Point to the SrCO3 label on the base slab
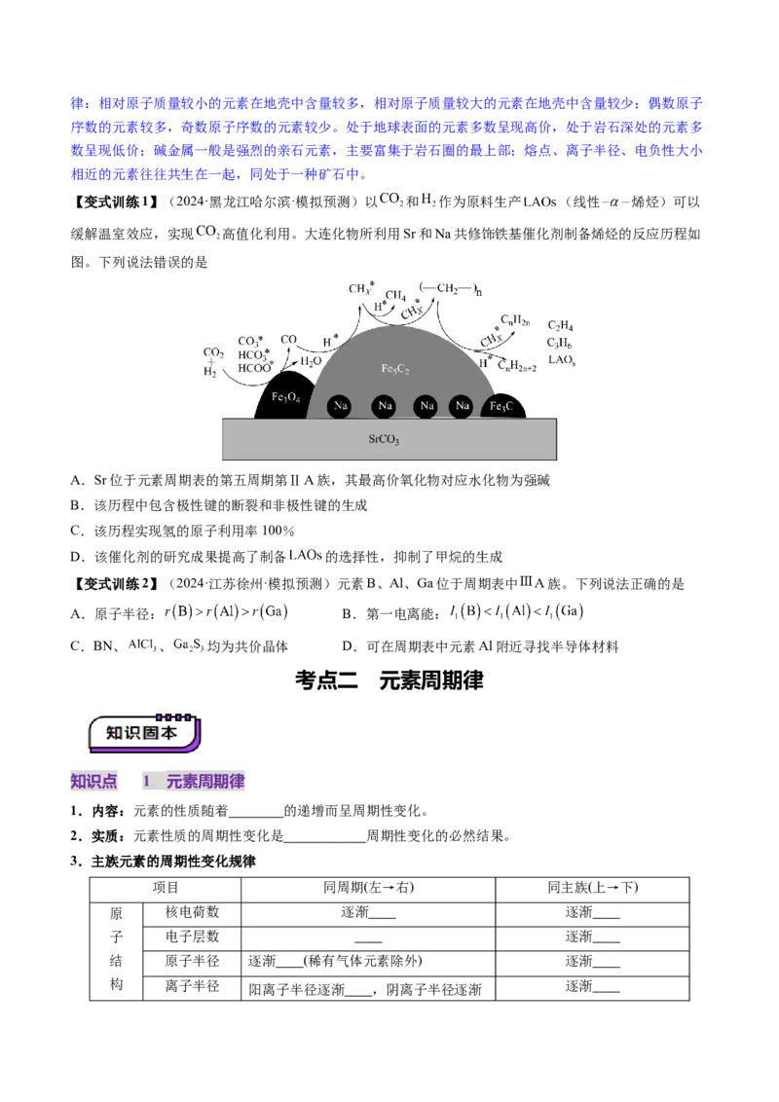pos(384,439)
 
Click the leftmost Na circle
pos(340,406)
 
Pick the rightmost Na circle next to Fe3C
pos(462,406)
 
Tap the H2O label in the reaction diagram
pos(311,361)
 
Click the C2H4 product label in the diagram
pos(560,325)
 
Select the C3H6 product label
pos(560,343)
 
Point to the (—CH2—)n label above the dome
pos(450,288)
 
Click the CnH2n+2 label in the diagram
pos(517,366)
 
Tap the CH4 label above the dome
pos(395,296)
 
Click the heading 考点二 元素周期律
pos(389,680)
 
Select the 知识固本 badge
pos(144,732)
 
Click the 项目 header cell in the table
pos(166,888)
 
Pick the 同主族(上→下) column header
pos(593,888)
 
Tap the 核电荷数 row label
pos(192,912)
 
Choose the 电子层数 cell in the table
pos(192,937)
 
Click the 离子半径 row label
pos(192,987)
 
